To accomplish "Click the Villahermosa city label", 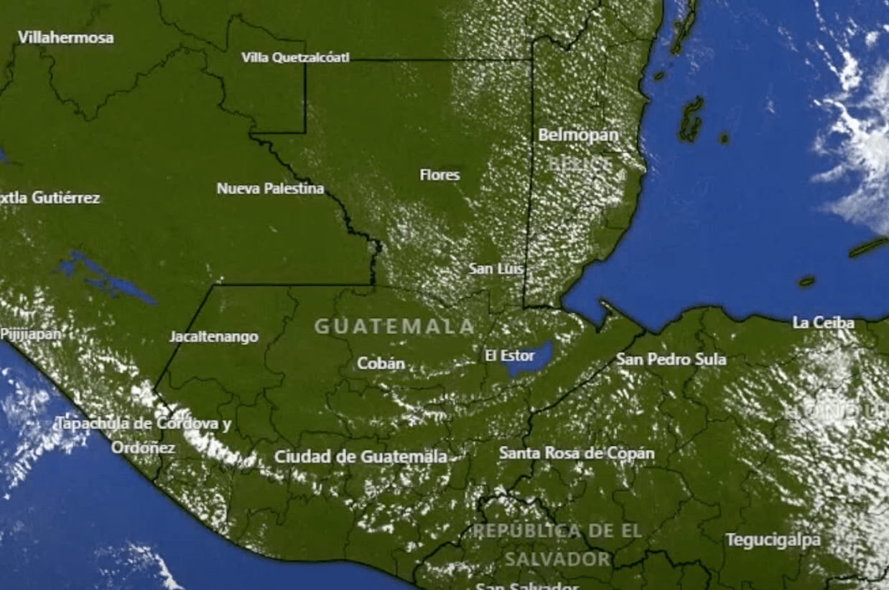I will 65,37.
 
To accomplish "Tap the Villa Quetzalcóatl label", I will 295,57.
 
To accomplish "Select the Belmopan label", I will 578,134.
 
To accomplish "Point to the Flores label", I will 439,174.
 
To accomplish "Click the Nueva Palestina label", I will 270,189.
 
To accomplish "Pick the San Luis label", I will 495,269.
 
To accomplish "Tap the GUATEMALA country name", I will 395,327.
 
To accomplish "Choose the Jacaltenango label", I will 214,337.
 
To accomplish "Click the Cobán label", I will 381,363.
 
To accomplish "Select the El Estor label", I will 510,355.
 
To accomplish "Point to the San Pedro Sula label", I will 671,359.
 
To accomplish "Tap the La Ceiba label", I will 824,322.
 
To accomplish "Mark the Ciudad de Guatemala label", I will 360,456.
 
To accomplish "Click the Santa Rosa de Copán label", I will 577,453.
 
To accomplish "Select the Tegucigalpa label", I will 773,540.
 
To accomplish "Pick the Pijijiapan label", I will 30,334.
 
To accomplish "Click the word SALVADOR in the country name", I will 557,558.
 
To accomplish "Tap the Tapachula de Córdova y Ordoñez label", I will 144,435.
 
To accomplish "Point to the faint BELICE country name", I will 580,164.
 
